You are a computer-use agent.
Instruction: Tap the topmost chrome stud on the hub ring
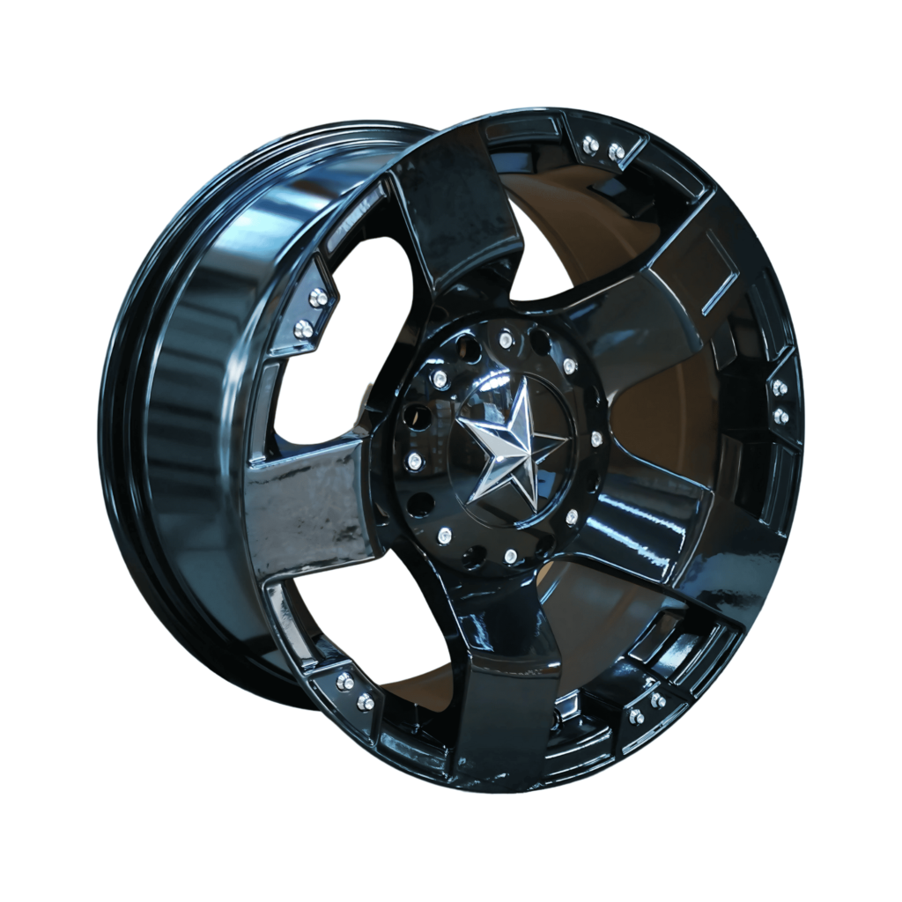pyautogui.click(x=506, y=339)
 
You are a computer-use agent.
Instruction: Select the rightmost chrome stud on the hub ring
pyautogui.click(x=596, y=437)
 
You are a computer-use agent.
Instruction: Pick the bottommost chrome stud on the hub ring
pyautogui.click(x=510, y=555)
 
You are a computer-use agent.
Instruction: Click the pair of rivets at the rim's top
pyautogui.click(x=603, y=148)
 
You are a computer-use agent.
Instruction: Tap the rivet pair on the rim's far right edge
pyautogui.click(x=780, y=401)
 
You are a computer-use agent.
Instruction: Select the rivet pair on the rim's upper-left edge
pyautogui.click(x=311, y=313)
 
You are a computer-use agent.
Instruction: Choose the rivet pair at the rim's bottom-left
pyautogui.click(x=355, y=691)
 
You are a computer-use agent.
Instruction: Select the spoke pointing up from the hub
pyautogui.click(x=454, y=211)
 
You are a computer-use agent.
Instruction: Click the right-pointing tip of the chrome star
pyautogui.click(x=564, y=437)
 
